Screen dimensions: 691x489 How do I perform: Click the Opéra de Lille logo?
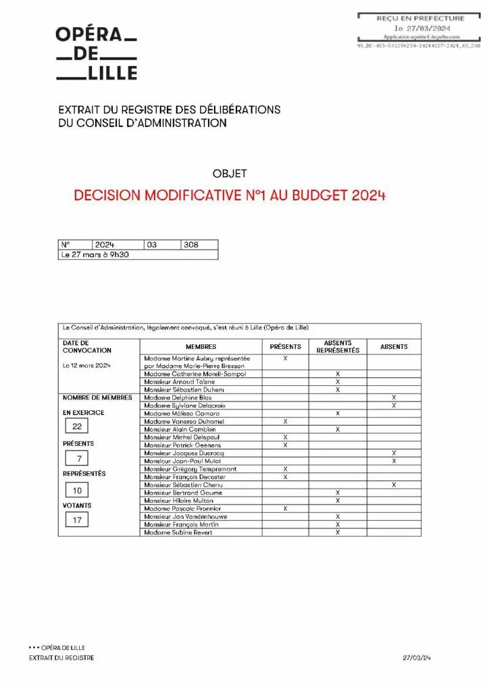96,53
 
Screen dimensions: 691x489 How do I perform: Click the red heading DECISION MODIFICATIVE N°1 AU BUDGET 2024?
230,196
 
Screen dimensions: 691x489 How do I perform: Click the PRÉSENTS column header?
285,347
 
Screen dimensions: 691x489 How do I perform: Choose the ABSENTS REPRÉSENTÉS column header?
338,347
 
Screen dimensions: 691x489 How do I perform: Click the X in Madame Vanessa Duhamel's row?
286,421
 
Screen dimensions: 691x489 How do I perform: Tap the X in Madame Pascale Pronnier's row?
286,509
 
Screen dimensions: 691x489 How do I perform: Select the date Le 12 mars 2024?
86,365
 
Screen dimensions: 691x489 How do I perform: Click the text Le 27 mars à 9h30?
95,255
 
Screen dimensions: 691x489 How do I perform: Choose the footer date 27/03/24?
417,657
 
